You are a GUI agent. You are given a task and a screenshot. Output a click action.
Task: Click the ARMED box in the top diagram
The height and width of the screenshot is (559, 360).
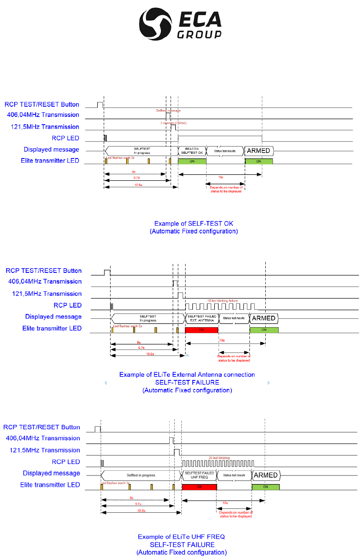[258, 150]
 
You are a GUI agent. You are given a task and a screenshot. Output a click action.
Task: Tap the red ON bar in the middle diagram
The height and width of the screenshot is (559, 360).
[201, 330]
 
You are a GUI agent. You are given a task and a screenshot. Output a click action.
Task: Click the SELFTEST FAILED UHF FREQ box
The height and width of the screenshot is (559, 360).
[199, 475]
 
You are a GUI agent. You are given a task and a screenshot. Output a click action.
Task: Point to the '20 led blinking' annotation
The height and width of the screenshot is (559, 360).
[218, 457]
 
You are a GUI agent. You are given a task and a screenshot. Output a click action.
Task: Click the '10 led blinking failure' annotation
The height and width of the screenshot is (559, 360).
[222, 301]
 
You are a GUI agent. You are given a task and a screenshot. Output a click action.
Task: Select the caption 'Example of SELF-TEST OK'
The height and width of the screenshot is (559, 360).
[194, 224]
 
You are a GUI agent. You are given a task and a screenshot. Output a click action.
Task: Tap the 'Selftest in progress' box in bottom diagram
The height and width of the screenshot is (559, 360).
[141, 475]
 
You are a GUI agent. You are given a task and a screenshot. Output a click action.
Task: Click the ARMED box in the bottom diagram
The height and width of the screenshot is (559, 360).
[266, 475]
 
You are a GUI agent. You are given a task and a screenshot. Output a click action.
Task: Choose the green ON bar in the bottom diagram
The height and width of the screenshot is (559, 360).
[265, 487]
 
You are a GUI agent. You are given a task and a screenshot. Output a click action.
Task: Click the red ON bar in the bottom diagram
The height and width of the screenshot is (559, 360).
[199, 487]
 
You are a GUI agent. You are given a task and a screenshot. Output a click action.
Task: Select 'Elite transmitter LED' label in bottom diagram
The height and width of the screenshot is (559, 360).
[50, 485]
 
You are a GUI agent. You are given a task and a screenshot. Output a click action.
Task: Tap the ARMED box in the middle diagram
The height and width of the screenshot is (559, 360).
[264, 318]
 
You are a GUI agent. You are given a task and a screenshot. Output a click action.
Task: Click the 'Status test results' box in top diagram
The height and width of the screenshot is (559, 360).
[225, 150]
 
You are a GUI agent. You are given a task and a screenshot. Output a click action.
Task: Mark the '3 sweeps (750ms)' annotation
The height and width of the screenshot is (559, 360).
[174, 123]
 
